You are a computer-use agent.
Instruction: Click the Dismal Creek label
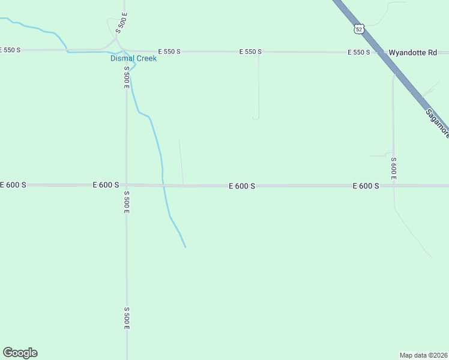(x=133, y=59)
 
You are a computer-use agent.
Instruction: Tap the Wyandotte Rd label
(x=412, y=53)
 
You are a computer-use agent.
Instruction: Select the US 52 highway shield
(x=359, y=29)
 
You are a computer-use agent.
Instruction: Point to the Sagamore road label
(x=437, y=123)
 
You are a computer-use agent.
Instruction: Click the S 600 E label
(x=393, y=169)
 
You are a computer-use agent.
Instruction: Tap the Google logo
(x=20, y=353)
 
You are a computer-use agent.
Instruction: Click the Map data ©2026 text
(x=423, y=355)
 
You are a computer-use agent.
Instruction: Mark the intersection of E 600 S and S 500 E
(x=126, y=185)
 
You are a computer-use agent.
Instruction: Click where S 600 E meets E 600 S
(x=394, y=185)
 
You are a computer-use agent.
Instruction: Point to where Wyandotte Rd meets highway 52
(x=379, y=53)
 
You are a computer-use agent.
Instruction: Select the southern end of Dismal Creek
(x=185, y=247)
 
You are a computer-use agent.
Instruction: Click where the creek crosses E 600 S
(x=163, y=185)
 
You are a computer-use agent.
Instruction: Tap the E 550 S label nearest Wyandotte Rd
(x=358, y=53)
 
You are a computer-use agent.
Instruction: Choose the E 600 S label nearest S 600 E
(x=366, y=186)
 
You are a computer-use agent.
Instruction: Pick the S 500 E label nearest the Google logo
(x=127, y=318)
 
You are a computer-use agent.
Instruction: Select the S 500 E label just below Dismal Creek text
(x=127, y=77)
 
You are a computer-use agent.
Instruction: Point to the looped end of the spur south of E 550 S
(x=256, y=118)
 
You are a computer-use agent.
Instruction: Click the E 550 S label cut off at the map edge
(x=11, y=50)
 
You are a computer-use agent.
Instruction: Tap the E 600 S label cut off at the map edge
(x=13, y=185)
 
